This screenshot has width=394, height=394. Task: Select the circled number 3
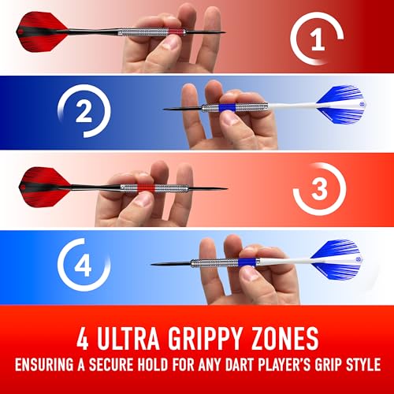(x=319, y=188)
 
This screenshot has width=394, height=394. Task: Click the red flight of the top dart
(x=42, y=32)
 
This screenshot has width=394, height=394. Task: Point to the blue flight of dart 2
(x=341, y=105)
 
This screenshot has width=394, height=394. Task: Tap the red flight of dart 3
(x=45, y=188)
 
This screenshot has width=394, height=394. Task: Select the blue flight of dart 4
(x=336, y=260)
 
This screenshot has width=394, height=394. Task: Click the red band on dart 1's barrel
(x=175, y=32)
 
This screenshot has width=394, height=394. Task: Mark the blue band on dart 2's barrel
(x=227, y=108)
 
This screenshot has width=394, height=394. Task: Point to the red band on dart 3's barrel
(x=147, y=188)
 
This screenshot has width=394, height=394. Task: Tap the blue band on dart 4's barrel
(x=246, y=262)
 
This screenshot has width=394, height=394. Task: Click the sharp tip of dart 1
(x=225, y=32)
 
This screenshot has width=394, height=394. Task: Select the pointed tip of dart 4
(x=151, y=264)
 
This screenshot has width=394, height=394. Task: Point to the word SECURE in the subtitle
(x=111, y=364)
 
